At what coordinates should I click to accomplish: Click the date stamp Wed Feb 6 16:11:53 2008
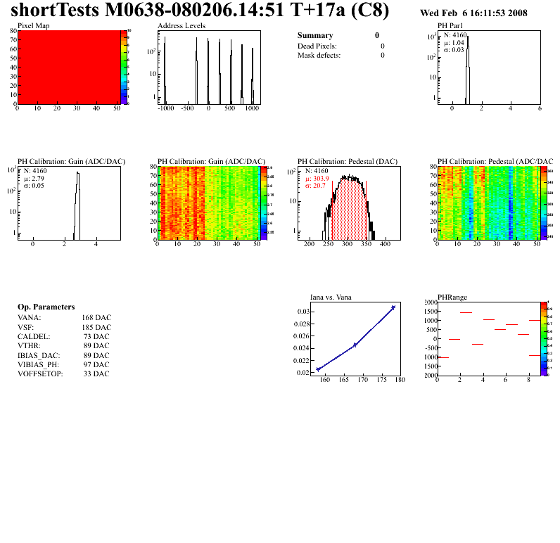coord(473,13)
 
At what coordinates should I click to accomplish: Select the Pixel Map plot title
coord(33,25)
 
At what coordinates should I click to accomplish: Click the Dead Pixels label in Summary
coord(317,46)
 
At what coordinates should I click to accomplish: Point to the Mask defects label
coord(319,55)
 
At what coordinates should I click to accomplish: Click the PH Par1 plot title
coord(450,25)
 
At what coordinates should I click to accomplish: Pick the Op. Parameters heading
coord(46,307)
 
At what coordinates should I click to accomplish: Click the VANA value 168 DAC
coord(96,317)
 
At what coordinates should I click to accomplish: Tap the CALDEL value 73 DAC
coord(97,336)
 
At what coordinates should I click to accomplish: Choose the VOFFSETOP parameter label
coord(40,373)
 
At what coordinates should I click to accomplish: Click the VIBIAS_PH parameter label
coord(39,364)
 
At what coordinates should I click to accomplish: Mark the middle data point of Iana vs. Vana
coord(355,345)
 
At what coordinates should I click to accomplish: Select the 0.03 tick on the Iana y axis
coord(303,311)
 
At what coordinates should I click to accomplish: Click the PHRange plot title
coord(452,297)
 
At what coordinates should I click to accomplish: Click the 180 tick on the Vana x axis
coord(400,381)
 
